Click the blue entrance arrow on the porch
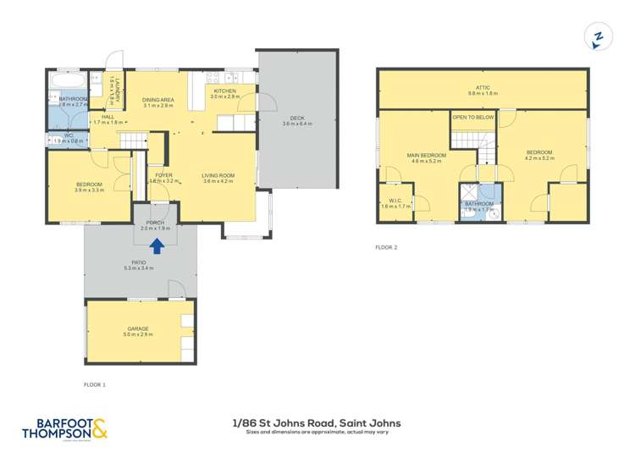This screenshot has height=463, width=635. pyautogui.click(x=157, y=246)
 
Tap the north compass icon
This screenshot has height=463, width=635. pyautogui.click(x=598, y=37)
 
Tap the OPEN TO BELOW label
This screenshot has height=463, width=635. pyautogui.click(x=473, y=118)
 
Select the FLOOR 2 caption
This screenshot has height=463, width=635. pyautogui.click(x=386, y=247)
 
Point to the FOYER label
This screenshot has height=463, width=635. pyautogui.click(x=163, y=177)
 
